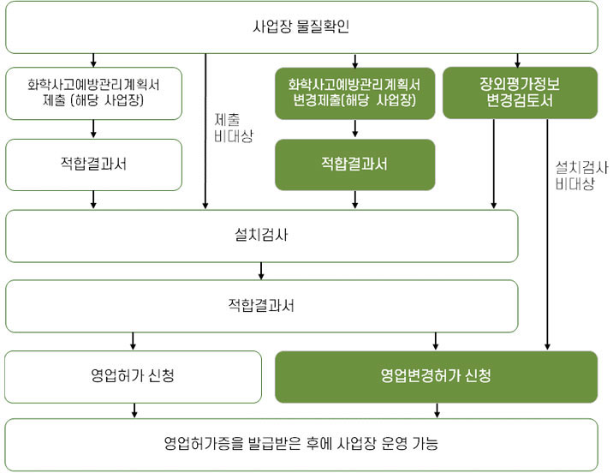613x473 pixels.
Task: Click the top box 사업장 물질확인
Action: tap(301, 27)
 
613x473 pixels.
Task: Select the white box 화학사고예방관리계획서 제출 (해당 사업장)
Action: tap(93, 93)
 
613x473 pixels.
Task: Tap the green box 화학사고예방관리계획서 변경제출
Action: tap(355, 93)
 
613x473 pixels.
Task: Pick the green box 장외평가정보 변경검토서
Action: tap(520, 93)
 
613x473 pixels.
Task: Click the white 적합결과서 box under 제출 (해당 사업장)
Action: tap(93, 165)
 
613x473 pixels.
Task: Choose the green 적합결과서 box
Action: tap(355, 165)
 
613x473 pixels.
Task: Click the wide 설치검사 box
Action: tap(261, 236)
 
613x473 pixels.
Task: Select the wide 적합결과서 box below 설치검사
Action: tap(261, 306)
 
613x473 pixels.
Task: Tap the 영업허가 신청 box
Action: tap(133, 377)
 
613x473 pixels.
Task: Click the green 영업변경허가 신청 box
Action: tap(437, 377)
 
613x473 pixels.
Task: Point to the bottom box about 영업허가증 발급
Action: tap(301, 445)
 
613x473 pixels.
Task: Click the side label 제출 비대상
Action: tap(234, 128)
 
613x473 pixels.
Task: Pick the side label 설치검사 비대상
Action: tap(581, 176)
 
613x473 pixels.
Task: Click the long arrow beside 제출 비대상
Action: tap(205, 131)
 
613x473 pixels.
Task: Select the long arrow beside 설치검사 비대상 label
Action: tap(547, 234)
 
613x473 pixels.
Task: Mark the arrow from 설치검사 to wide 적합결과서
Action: tap(261, 271)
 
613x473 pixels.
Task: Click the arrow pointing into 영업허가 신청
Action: tap(133, 341)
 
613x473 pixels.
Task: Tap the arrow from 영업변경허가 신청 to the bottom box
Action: tap(437, 410)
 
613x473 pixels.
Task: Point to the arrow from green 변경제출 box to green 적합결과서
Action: tap(355, 129)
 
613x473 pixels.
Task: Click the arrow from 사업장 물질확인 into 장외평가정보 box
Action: tap(518, 61)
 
